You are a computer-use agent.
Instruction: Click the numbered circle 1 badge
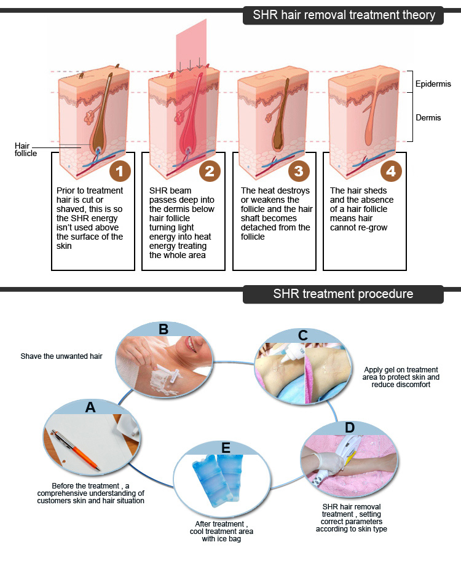(120, 171)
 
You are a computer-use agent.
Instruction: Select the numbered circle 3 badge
(298, 171)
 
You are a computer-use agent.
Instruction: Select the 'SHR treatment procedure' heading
(343, 294)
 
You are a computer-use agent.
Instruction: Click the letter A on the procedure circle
(90, 406)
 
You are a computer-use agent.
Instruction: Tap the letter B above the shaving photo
(164, 329)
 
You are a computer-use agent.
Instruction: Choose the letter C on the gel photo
(302, 335)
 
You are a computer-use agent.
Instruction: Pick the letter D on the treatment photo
(349, 427)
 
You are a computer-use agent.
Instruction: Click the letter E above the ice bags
(226, 448)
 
